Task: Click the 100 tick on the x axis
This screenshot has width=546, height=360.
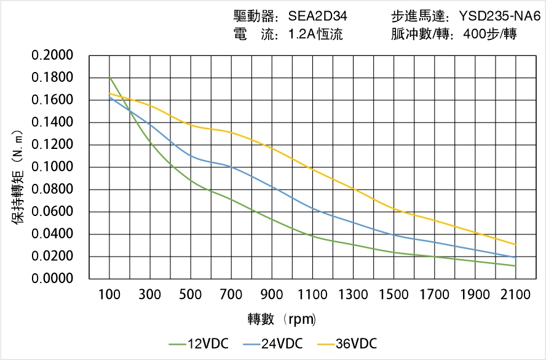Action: click(109, 294)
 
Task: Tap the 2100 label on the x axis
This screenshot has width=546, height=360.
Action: click(515, 294)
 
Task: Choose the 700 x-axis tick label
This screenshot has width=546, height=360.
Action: click(231, 294)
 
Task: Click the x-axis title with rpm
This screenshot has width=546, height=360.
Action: click(282, 319)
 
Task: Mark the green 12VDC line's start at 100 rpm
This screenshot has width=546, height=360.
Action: click(109, 77)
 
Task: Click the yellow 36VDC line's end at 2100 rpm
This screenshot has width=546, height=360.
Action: click(515, 244)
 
